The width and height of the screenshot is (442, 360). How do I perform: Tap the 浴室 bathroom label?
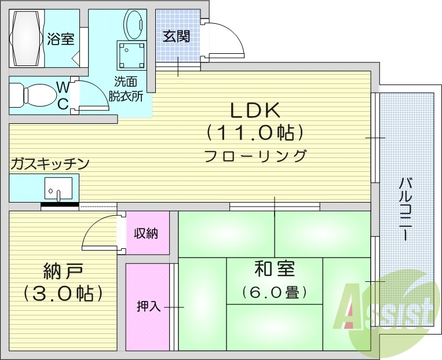[x=61, y=39]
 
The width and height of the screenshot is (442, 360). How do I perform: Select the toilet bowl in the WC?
[x=35, y=94]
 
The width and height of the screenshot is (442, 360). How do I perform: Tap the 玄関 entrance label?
[x=176, y=36]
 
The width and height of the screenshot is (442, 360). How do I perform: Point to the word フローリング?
[x=255, y=156]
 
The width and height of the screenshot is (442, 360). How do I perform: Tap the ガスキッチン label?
[x=49, y=164]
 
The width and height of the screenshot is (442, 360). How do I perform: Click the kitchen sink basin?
[x=58, y=189]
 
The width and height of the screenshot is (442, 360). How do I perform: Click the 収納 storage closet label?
[x=147, y=234]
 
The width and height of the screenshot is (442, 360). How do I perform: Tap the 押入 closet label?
[x=148, y=306]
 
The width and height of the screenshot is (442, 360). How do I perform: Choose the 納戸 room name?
[x=64, y=271]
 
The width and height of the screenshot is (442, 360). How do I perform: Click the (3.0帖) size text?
[x=64, y=293]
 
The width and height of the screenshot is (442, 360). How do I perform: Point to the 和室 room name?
[x=275, y=269]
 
